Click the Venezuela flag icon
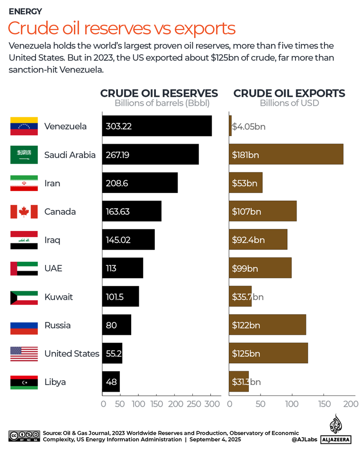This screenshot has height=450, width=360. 24,126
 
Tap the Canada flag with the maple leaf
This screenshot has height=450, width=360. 24,211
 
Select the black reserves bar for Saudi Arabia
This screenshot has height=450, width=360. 150,155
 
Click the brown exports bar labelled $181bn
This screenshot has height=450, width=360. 286,155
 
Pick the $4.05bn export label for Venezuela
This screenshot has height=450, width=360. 249,126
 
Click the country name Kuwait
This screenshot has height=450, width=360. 58,297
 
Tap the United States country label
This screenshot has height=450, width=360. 72,354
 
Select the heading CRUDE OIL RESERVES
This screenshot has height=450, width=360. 159,93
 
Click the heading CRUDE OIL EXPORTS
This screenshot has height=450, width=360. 289,93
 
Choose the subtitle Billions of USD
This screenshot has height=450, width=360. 289,103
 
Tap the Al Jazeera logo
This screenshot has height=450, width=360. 335,429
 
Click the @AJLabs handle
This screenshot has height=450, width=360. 304,440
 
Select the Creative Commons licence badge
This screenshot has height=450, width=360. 24,435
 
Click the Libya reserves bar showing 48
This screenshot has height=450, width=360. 111,382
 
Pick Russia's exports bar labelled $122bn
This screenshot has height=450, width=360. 268,325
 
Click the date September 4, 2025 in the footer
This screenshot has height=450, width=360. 215,440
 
